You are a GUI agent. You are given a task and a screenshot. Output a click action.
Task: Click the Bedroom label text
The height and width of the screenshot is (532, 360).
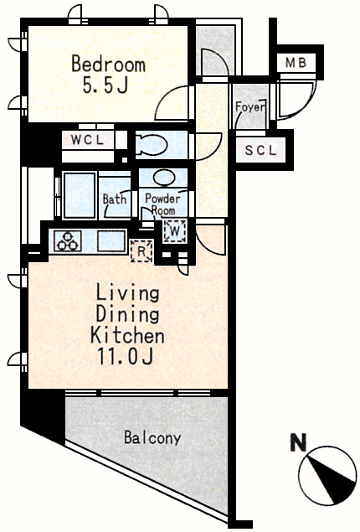(x=109, y=65)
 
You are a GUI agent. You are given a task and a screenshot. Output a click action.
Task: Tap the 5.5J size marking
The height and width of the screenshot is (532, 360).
(x=105, y=85)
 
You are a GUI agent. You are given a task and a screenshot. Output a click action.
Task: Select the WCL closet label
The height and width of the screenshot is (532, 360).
(x=87, y=140)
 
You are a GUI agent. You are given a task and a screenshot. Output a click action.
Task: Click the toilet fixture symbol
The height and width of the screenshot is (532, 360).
(x=152, y=145)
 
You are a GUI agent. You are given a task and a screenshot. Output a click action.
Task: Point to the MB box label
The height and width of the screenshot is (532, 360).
(x=296, y=63)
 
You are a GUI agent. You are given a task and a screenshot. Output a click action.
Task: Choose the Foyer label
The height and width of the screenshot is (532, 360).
(x=250, y=107)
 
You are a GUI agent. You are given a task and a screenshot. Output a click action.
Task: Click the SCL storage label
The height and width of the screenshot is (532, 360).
(x=260, y=150)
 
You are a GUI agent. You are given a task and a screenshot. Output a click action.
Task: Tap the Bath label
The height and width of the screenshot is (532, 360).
(x=115, y=199)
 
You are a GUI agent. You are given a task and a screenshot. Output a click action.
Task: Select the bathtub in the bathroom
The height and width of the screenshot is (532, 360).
(x=80, y=195)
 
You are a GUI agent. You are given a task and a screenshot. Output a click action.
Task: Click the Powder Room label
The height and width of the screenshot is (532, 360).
(x=162, y=204)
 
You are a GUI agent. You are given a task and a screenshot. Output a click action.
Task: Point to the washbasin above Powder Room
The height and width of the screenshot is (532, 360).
(x=164, y=177)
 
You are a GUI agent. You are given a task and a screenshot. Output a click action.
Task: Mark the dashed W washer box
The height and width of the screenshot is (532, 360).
(x=175, y=231)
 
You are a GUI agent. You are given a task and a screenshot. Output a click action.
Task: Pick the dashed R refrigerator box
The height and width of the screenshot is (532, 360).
(x=141, y=251)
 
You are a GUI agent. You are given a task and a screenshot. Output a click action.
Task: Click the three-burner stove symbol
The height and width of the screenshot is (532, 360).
(x=68, y=241)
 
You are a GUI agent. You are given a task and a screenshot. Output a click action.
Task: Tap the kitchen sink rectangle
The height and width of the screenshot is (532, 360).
(x=111, y=241)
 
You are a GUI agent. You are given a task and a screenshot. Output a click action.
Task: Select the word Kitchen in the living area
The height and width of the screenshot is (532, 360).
(x=127, y=336)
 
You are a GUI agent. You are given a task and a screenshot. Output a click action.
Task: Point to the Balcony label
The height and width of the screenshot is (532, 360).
(x=152, y=437)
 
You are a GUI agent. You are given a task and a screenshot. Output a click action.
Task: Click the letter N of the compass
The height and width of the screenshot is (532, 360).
(x=299, y=442)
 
